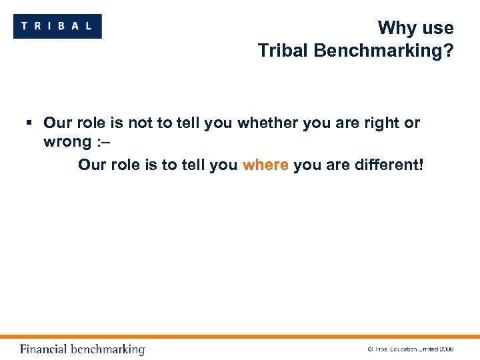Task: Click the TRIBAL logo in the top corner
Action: point(57,26)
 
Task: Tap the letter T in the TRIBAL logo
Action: point(25,26)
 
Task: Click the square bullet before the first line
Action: point(29,123)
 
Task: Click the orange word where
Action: point(265,164)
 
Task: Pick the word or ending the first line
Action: point(412,123)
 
